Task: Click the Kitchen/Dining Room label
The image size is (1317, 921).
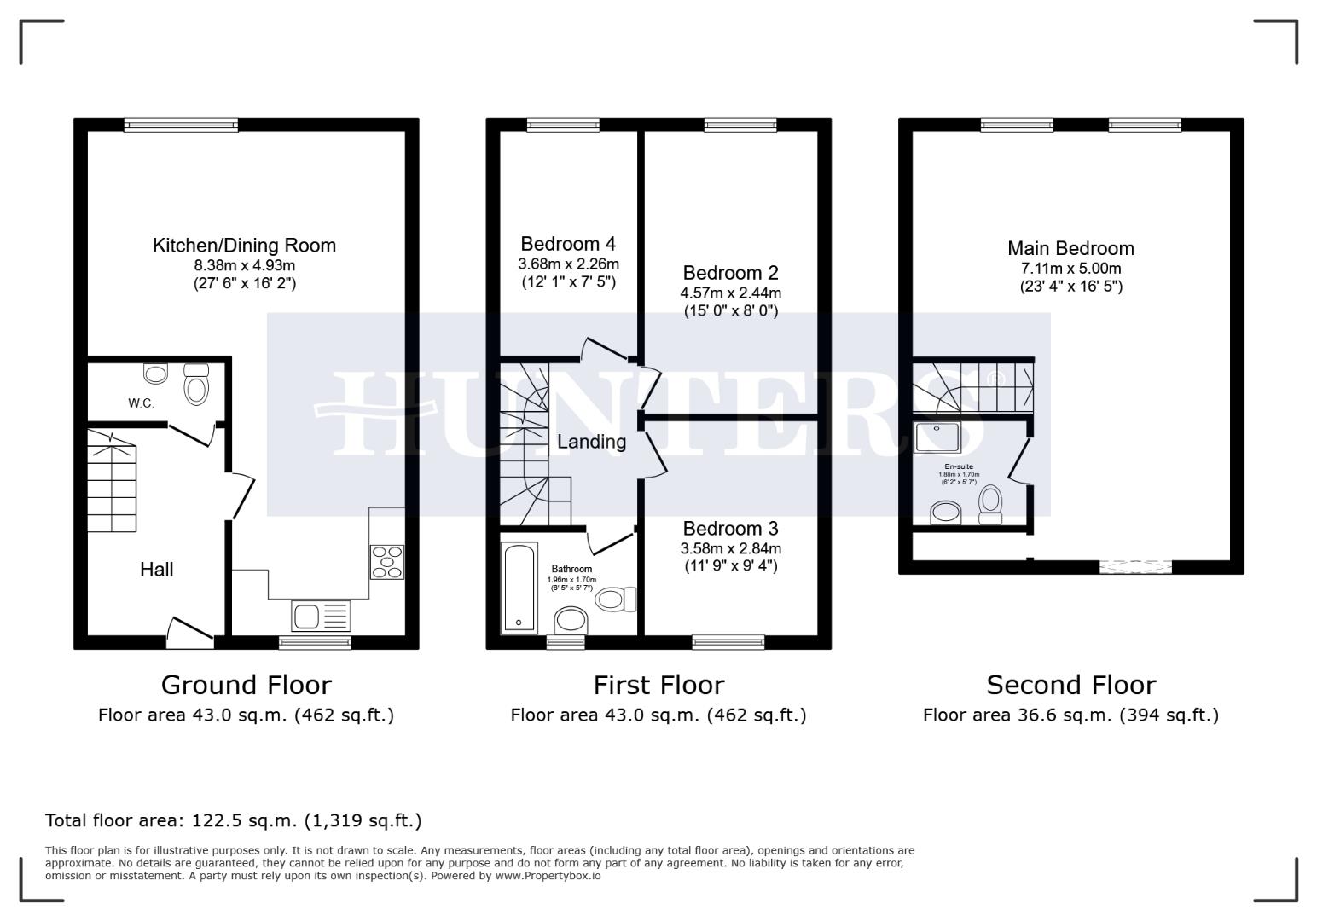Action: tap(244, 246)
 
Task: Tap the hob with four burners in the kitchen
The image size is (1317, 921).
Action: tap(386, 561)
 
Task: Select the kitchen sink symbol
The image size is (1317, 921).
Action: tap(320, 615)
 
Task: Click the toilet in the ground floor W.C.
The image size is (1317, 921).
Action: tap(196, 385)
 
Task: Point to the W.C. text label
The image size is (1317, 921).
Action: tap(141, 403)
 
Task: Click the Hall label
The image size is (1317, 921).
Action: tap(157, 569)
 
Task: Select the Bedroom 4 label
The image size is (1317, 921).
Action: tap(568, 244)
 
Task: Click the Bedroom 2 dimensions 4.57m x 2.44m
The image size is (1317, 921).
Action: tap(730, 293)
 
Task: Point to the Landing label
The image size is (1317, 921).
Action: tap(591, 442)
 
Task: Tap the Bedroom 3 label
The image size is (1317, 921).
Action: tap(730, 529)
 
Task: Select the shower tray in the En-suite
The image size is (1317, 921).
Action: tap(937, 437)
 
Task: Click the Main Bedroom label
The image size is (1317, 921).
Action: tap(1070, 248)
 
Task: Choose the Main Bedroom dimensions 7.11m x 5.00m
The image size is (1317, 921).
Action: tap(1070, 268)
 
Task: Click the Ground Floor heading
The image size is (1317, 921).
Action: tap(246, 685)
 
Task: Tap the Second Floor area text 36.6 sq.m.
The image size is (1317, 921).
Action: tap(1070, 715)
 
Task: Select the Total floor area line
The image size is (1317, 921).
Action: tap(233, 820)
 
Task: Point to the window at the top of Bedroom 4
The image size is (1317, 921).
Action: tap(563, 125)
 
